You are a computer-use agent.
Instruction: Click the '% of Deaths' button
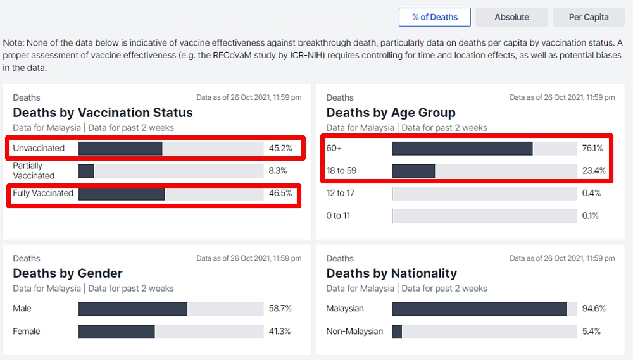click(435, 17)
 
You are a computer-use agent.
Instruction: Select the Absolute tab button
click(511, 17)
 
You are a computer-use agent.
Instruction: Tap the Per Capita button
click(589, 17)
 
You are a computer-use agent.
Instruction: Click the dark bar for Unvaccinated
click(120, 148)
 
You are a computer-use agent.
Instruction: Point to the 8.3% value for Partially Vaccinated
click(277, 171)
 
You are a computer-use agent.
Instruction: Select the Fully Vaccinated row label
click(43, 193)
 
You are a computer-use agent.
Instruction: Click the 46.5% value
click(280, 194)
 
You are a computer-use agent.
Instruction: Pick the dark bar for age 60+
click(462, 148)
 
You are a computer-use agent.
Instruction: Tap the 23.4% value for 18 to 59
click(594, 171)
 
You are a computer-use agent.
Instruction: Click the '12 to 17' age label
click(340, 193)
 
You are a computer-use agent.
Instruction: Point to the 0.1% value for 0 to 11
click(591, 216)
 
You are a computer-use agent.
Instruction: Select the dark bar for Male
click(133, 309)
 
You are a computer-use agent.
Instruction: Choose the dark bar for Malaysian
click(479, 309)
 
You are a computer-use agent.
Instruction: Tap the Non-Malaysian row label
click(354, 332)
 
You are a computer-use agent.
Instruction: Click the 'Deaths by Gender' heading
click(68, 273)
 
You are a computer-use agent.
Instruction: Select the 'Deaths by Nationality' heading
click(391, 273)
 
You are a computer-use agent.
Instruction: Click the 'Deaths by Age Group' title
click(391, 113)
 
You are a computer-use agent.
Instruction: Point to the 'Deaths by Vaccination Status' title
click(103, 113)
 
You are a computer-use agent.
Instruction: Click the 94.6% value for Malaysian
click(594, 309)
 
